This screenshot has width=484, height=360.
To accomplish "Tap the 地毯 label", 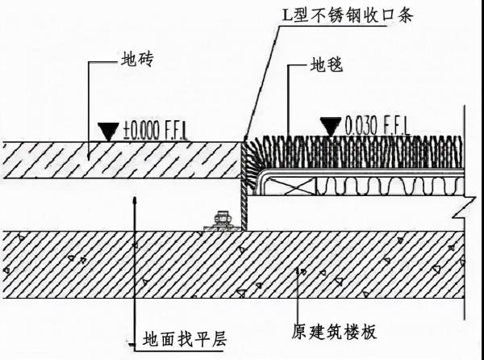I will (x=327, y=65).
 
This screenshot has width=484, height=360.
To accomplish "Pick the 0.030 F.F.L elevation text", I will (x=376, y=126).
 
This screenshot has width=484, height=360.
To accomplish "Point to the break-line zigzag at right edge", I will (x=462, y=211).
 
